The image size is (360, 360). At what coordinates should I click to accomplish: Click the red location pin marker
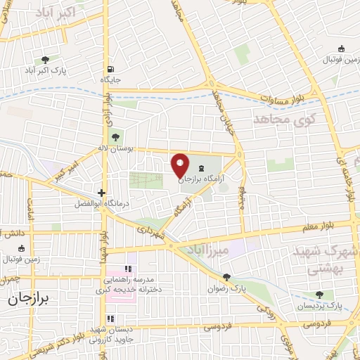coord(181,165)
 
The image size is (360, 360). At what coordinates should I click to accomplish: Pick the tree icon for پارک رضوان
coord(226,277)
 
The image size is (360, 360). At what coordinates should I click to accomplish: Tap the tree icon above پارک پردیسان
coord(321,295)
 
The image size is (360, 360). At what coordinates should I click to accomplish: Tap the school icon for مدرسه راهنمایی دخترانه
coord(127,269)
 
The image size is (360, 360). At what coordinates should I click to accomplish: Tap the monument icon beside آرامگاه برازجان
coord(202,168)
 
